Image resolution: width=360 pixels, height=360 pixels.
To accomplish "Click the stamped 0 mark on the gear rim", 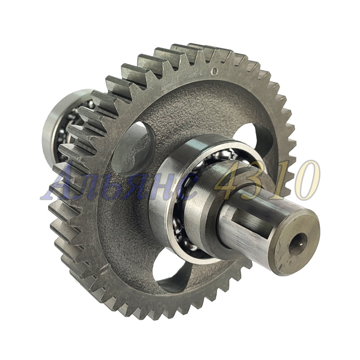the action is [x=215, y=71].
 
